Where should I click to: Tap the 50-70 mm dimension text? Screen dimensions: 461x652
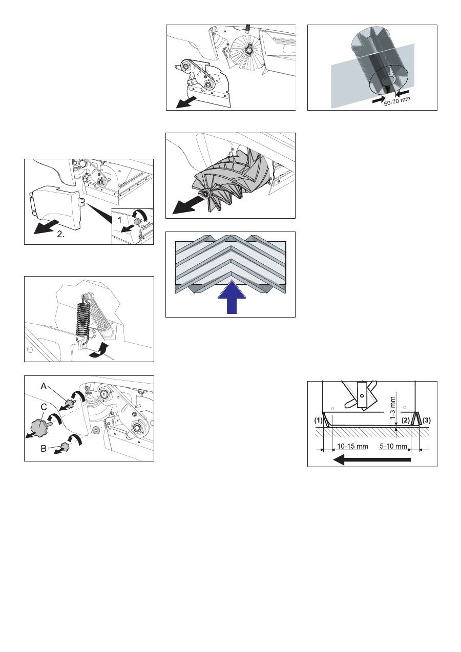[397, 101]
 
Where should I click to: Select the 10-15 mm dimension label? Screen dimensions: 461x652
[352, 446]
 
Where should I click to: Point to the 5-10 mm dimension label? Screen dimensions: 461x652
[393, 446]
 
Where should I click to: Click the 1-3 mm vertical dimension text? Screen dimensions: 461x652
[393, 408]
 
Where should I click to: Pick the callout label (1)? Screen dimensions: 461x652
[318, 420]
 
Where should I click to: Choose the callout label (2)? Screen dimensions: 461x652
[406, 420]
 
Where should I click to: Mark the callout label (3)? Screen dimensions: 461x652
[426, 420]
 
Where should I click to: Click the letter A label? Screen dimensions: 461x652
[44, 386]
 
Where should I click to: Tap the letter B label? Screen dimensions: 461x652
[44, 449]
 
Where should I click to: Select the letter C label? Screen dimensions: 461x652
[44, 407]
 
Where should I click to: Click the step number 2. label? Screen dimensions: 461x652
[61, 234]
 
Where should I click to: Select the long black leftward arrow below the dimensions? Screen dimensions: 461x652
[372, 460]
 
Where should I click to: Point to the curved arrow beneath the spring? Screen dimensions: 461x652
[99, 351]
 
